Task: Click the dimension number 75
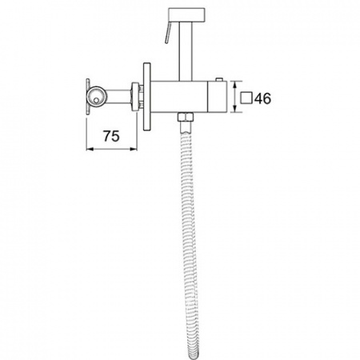[x=111, y=136]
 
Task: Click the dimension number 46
[x=262, y=98]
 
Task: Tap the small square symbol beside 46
[x=246, y=98]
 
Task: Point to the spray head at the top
[x=187, y=14]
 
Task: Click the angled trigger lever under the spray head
[x=168, y=32]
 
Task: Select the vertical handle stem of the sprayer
[x=186, y=51]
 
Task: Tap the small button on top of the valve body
[x=219, y=79]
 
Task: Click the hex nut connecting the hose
[x=186, y=117]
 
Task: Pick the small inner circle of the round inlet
[x=96, y=100]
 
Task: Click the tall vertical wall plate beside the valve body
[x=147, y=97]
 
